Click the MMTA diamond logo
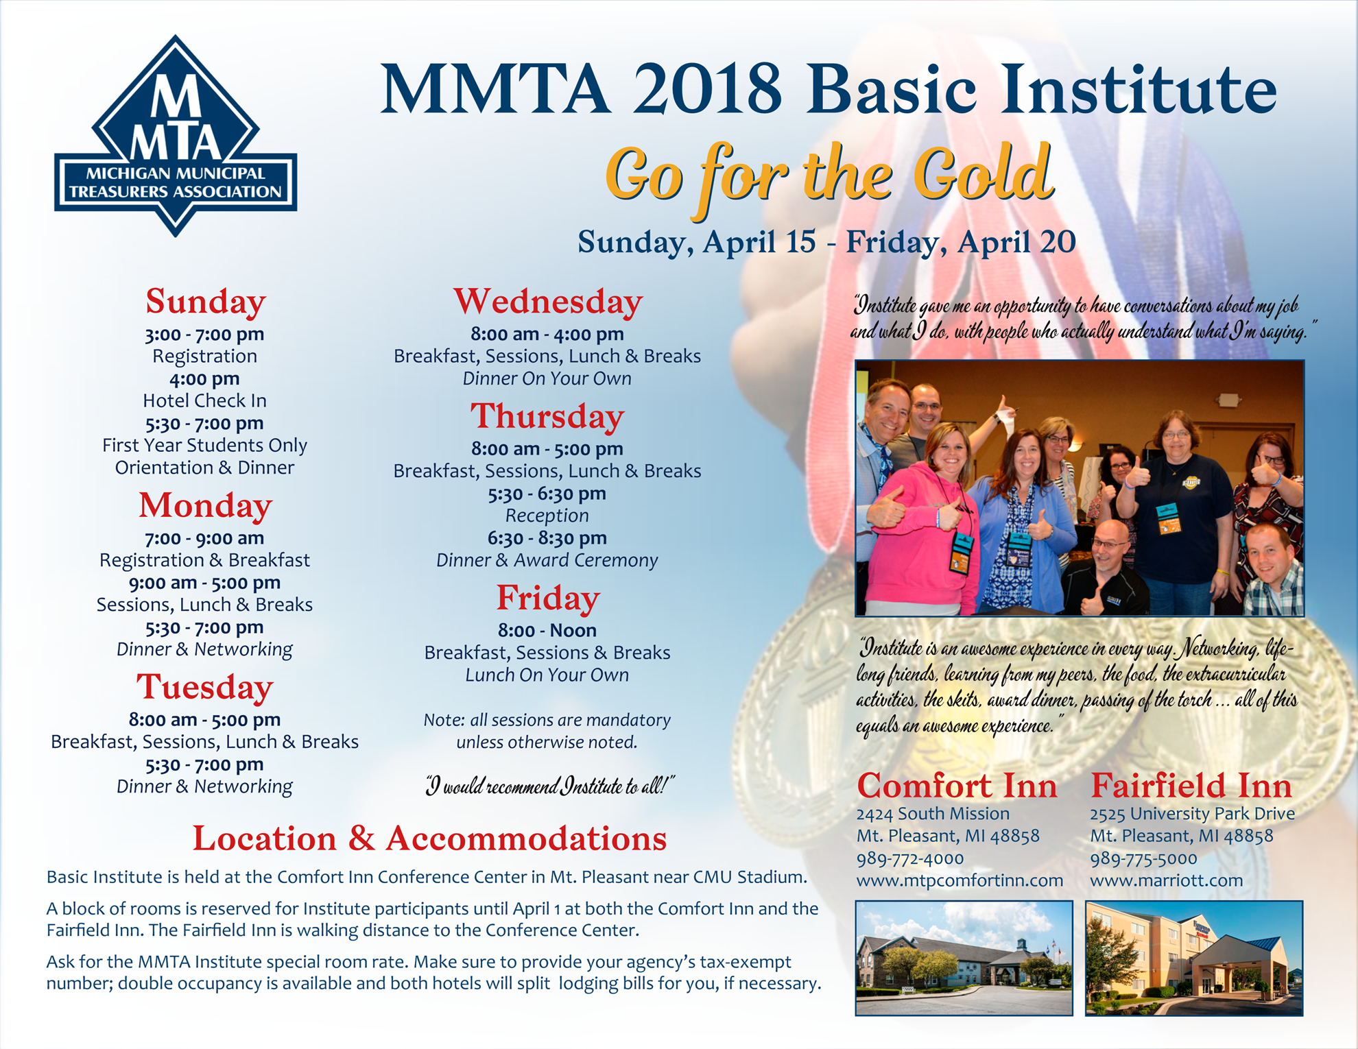176,136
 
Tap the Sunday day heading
205,302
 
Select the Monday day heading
205,505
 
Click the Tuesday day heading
204,687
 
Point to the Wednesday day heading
547,302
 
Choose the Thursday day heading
547,416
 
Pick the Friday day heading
547,598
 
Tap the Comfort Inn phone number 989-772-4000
909,858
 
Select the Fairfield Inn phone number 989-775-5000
1143,858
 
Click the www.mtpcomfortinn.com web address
960,880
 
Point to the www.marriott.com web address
1166,880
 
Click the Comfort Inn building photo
964,958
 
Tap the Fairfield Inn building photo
1193,958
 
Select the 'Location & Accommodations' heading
429,838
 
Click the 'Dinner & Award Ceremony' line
547,560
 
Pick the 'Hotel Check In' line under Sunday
204,400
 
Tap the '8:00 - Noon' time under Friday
547,630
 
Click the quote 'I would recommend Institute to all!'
549,786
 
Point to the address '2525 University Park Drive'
1192,814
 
